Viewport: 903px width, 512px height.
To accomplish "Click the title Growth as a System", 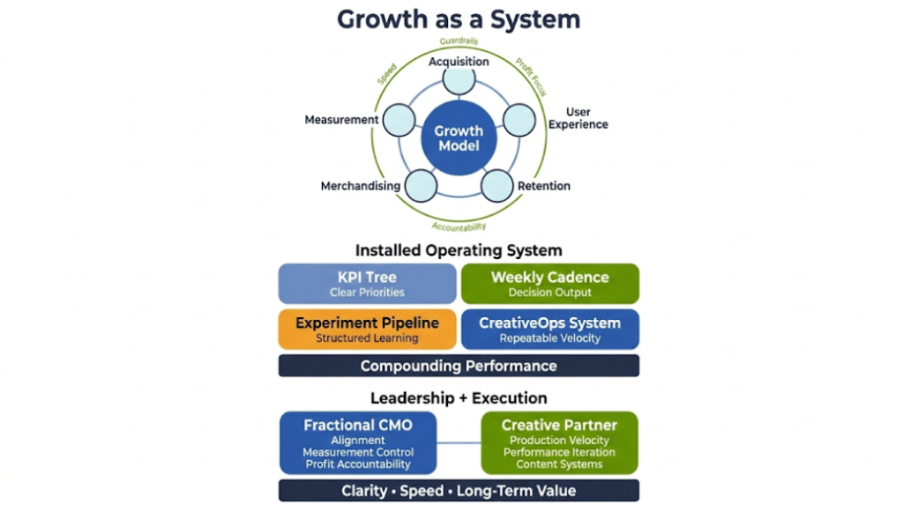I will pos(459,19).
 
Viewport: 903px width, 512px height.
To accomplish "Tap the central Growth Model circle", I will pos(459,139).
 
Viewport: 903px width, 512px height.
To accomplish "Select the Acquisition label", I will pos(459,62).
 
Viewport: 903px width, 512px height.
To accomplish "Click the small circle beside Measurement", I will pos(399,120).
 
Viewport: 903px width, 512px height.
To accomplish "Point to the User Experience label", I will pos(578,119).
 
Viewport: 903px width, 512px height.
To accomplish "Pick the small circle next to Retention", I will pos(496,185).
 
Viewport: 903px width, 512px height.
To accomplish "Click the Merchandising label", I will pos(361,186).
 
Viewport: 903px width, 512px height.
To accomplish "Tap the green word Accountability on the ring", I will pos(459,227).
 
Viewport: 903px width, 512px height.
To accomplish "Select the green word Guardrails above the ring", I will pos(459,41).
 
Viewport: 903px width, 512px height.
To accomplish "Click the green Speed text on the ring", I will pos(386,73).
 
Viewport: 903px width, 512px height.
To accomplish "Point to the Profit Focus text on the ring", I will pos(532,76).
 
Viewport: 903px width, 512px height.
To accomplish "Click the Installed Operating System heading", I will pos(459,250).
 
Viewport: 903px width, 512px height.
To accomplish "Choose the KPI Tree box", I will pos(368,284).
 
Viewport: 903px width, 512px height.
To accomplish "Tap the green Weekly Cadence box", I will pos(550,284).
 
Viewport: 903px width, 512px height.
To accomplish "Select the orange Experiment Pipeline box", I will pos(368,330).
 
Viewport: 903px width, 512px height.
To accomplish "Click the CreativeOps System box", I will pos(550,330).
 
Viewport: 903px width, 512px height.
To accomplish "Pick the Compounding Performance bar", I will pos(459,366).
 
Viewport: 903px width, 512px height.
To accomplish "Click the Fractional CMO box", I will pos(358,443).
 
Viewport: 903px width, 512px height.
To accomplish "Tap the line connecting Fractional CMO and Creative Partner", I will pos(459,442).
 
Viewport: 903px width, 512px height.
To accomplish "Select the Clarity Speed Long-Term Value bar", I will pos(459,491).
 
